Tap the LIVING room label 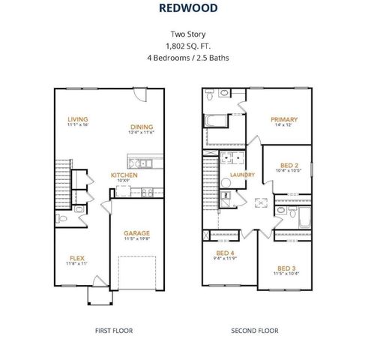(78, 118)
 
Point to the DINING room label (142, 127)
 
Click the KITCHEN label (124, 175)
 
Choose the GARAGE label (137, 232)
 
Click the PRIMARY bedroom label (284, 119)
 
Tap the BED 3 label (286, 268)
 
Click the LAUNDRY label (242, 175)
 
